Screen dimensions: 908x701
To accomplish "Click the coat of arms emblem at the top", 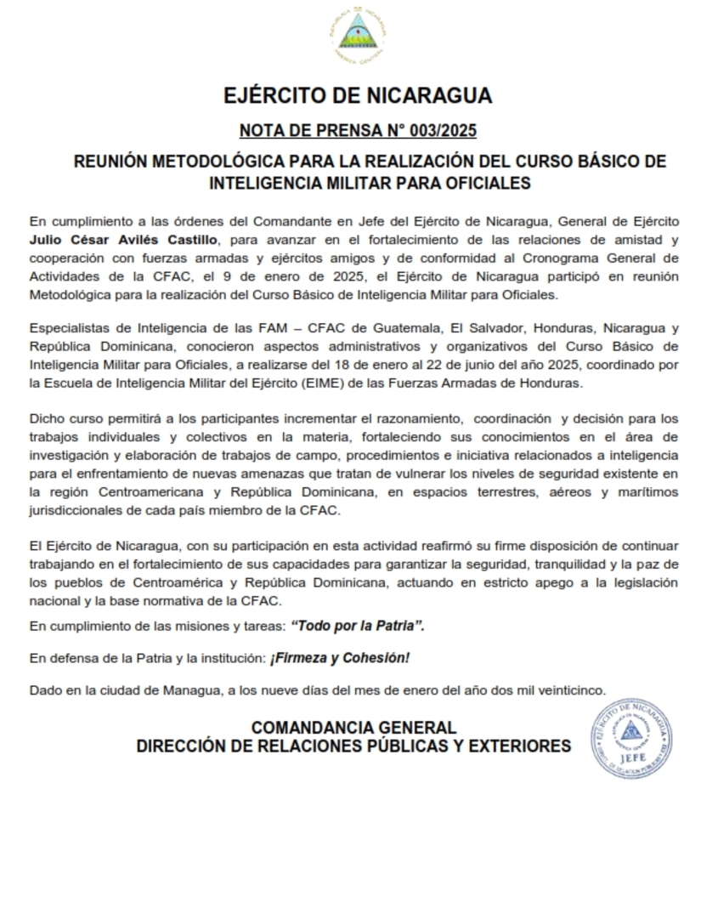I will click(x=357, y=33).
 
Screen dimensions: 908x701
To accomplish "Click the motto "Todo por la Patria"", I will click(x=358, y=626).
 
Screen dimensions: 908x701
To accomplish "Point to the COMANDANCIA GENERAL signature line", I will click(x=353, y=728).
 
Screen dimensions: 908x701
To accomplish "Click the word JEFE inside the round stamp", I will click(x=632, y=756).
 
